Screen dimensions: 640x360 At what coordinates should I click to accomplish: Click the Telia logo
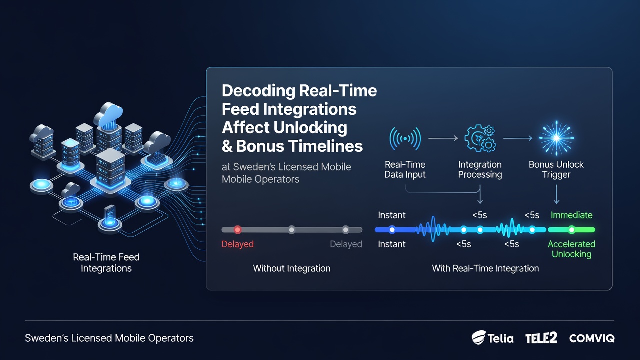[x=492, y=338]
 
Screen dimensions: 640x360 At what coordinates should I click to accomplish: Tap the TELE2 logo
[x=541, y=338]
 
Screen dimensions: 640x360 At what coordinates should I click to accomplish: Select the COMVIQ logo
[x=592, y=338]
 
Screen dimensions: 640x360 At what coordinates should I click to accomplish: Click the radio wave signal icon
[x=405, y=139]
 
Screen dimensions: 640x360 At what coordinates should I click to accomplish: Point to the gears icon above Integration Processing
[x=480, y=138]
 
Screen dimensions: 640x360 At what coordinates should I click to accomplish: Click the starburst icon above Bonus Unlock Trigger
[x=556, y=138]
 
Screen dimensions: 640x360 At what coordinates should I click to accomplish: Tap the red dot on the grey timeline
[x=237, y=229]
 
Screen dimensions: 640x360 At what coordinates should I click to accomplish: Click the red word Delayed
[x=237, y=244]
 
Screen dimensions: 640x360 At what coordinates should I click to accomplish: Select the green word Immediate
[x=571, y=215]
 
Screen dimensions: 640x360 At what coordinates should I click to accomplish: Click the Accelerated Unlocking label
[x=571, y=249]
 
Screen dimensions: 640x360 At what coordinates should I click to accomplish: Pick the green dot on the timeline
[x=571, y=230]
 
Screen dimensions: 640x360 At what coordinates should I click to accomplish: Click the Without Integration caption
[x=291, y=268]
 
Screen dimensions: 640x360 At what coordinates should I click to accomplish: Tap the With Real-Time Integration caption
[x=485, y=268]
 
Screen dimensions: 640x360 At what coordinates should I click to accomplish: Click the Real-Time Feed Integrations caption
[x=106, y=263]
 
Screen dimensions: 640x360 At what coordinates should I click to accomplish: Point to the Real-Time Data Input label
[x=405, y=169]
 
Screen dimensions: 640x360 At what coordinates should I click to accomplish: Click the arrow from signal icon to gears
[x=443, y=138]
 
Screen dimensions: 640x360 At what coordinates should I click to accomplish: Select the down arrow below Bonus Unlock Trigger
[x=556, y=194]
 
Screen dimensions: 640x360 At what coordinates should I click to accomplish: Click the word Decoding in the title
[x=258, y=91]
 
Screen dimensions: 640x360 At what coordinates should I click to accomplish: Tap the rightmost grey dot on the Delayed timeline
[x=345, y=229]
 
